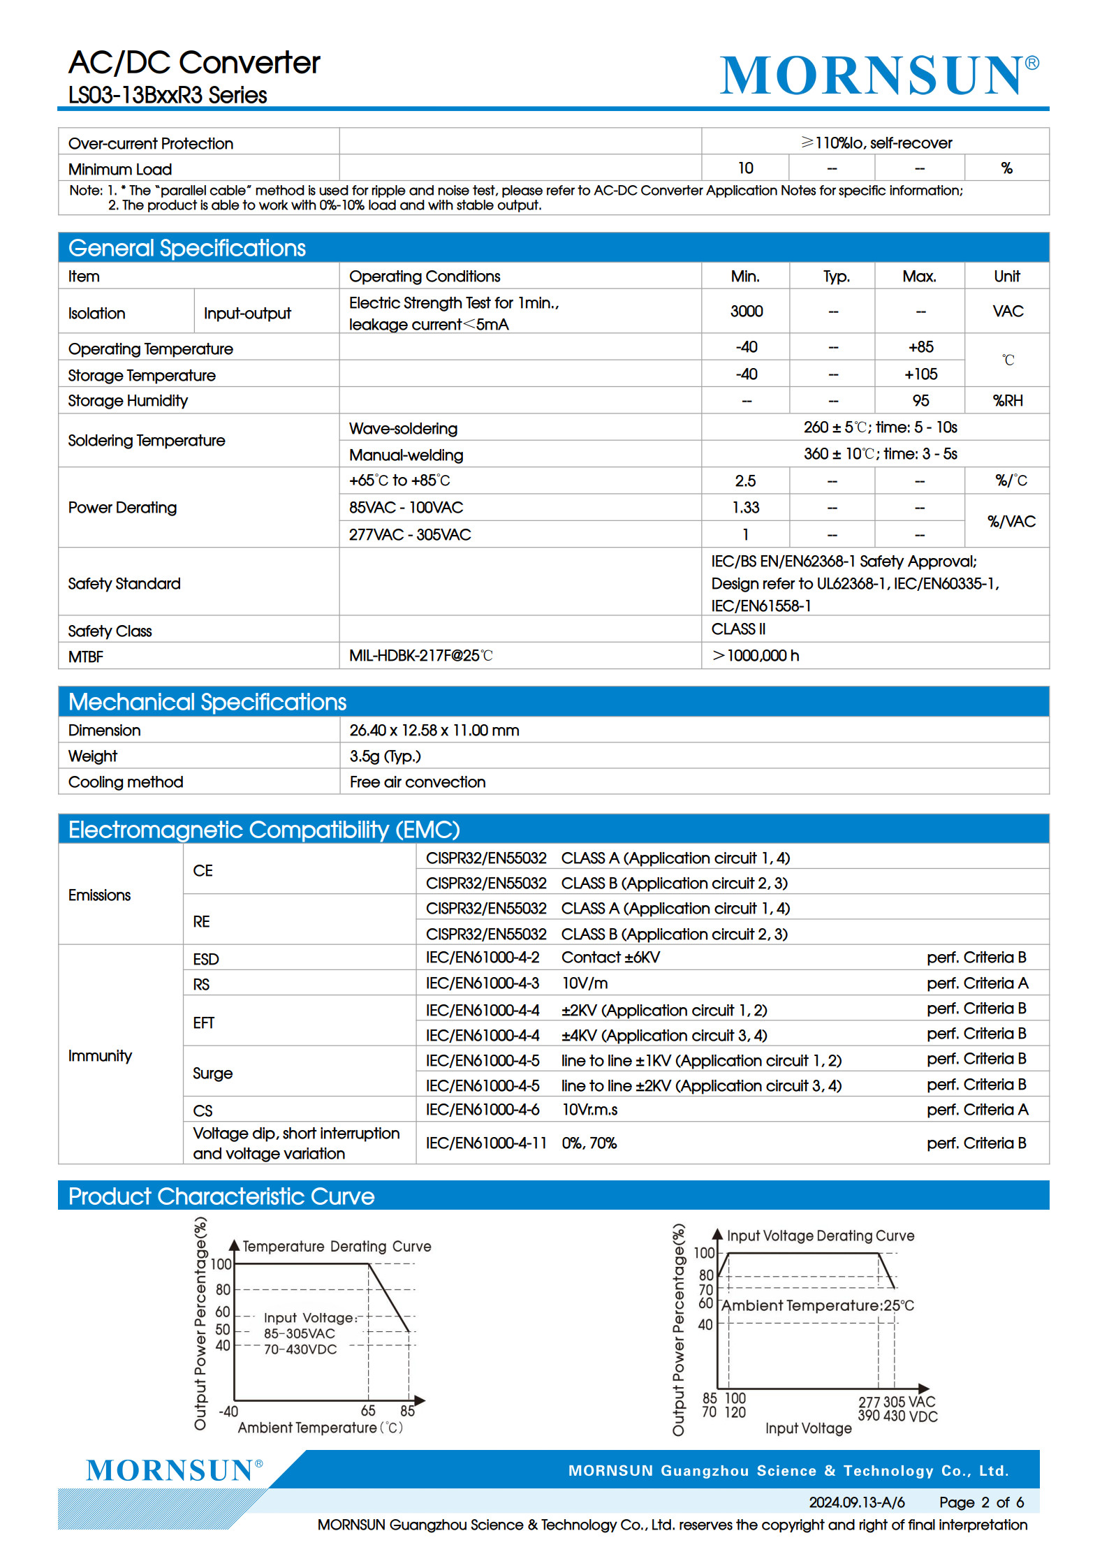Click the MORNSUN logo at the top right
pyautogui.click(x=879, y=75)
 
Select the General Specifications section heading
pyautogui.click(x=187, y=248)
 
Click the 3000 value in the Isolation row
pyautogui.click(x=746, y=312)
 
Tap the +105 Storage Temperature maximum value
pyautogui.click(x=920, y=374)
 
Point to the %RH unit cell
pyautogui.click(x=1007, y=401)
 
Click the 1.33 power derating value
pyautogui.click(x=745, y=508)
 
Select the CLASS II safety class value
pyautogui.click(x=738, y=629)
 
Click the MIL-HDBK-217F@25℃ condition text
pyautogui.click(x=420, y=656)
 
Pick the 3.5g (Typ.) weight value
pyautogui.click(x=385, y=756)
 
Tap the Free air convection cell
pyautogui.click(x=417, y=782)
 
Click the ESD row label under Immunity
pyautogui.click(x=205, y=959)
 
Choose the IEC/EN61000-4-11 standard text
pyautogui.click(x=486, y=1143)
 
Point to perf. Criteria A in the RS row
pyautogui.click(x=977, y=983)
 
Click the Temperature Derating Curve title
pyautogui.click(x=337, y=1247)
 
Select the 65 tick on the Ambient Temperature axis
pyautogui.click(x=368, y=1411)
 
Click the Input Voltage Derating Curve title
pyautogui.click(x=820, y=1236)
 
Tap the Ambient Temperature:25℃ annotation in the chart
pyautogui.click(x=817, y=1305)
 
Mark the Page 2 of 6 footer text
pyautogui.click(x=981, y=1502)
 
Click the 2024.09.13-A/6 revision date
pyautogui.click(x=856, y=1502)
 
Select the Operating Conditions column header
pyautogui.click(x=425, y=277)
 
